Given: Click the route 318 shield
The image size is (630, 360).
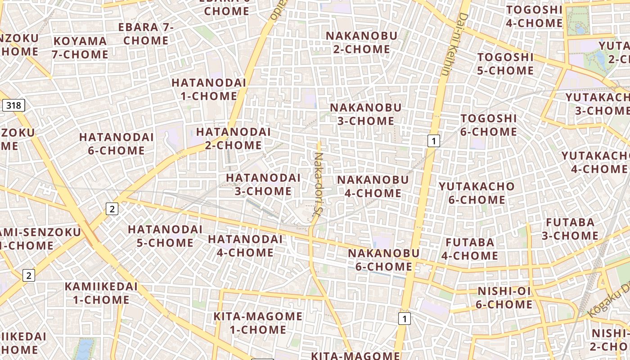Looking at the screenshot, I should click(13, 106).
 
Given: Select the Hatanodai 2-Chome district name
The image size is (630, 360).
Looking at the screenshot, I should click(233, 139).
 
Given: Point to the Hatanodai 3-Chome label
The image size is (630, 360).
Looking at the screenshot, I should click(263, 184).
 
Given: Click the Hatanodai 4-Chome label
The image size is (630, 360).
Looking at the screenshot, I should click(245, 246).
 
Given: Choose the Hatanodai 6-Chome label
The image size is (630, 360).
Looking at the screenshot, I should click(117, 144).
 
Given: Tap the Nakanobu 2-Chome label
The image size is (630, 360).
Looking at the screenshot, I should click(362, 42).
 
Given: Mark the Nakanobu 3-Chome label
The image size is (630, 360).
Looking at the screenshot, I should click(365, 114).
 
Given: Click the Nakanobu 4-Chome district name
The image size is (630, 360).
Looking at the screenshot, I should click(373, 186).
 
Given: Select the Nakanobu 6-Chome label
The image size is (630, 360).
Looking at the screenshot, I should click(384, 260).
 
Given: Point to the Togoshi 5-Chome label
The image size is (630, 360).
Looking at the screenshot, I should click(505, 64).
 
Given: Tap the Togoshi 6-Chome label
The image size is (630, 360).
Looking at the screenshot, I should click(489, 125).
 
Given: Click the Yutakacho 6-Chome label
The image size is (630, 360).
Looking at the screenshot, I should click(477, 193).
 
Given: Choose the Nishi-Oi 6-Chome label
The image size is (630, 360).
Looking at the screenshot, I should click(504, 298).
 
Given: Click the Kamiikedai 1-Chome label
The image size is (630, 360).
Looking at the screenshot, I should click(101, 293).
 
